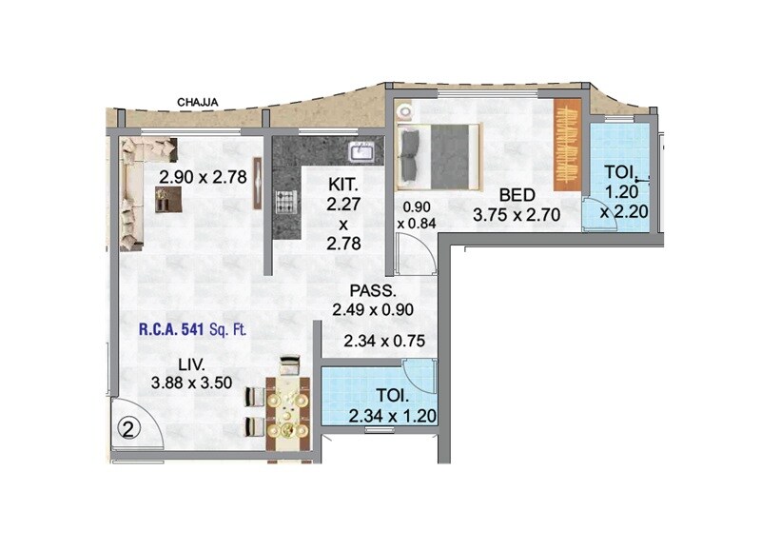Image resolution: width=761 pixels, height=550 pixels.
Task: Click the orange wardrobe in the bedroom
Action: pos(568,145)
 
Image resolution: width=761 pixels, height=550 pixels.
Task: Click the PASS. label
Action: pos(366,291)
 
